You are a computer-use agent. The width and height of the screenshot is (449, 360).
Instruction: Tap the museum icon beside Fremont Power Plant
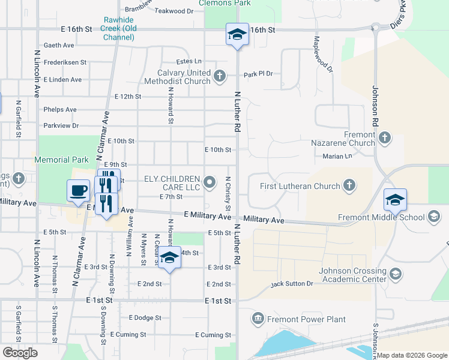(x=258, y=317)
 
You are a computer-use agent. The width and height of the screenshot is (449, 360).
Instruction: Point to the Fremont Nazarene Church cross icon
(x=384, y=139)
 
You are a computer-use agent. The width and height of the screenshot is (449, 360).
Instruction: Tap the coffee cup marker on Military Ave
(x=78, y=191)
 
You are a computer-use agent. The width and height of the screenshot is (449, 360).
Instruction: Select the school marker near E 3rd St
(x=170, y=259)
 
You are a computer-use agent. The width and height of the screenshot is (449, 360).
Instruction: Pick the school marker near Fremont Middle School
(x=395, y=200)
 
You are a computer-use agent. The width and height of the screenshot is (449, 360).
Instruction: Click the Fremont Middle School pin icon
(x=433, y=217)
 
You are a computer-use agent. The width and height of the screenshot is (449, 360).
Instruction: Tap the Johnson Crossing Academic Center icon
(x=395, y=274)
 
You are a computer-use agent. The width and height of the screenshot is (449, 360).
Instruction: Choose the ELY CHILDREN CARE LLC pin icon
(x=209, y=181)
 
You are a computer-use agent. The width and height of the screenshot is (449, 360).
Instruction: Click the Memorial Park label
(x=61, y=160)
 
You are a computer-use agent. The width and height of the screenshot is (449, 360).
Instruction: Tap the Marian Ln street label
(x=337, y=157)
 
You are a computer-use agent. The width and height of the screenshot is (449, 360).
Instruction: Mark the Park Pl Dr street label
(x=258, y=74)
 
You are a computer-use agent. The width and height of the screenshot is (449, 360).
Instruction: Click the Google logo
(x=20, y=353)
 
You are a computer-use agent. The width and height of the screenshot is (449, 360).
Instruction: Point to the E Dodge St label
(x=145, y=317)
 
